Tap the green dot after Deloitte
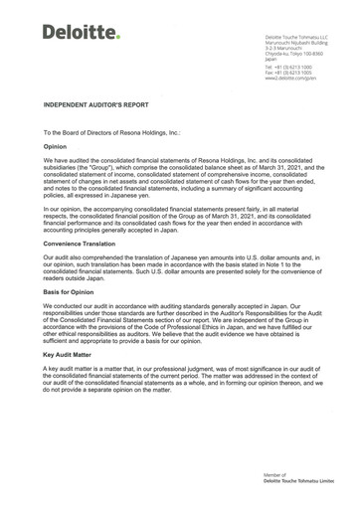[x=116, y=37]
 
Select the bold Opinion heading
[x=55, y=145]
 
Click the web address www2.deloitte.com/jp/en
[x=290, y=79]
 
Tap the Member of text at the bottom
[x=274, y=476]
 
